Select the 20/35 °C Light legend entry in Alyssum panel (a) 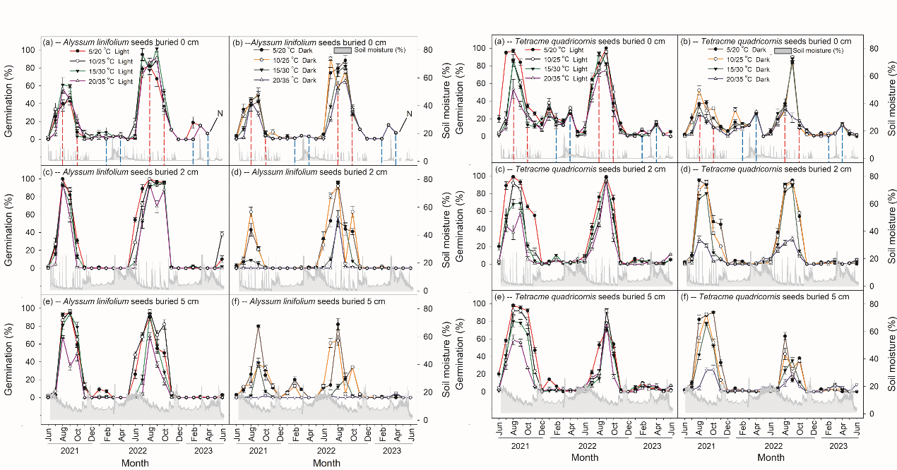pyautogui.click(x=106, y=82)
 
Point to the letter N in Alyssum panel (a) pyautogui.click(x=220, y=113)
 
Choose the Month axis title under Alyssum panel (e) pyautogui.click(x=135, y=462)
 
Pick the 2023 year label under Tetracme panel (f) pyautogui.click(x=838, y=446)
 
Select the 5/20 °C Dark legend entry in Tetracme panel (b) pyautogui.click(x=739, y=49)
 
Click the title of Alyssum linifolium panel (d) pyautogui.click(x=311, y=171)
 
